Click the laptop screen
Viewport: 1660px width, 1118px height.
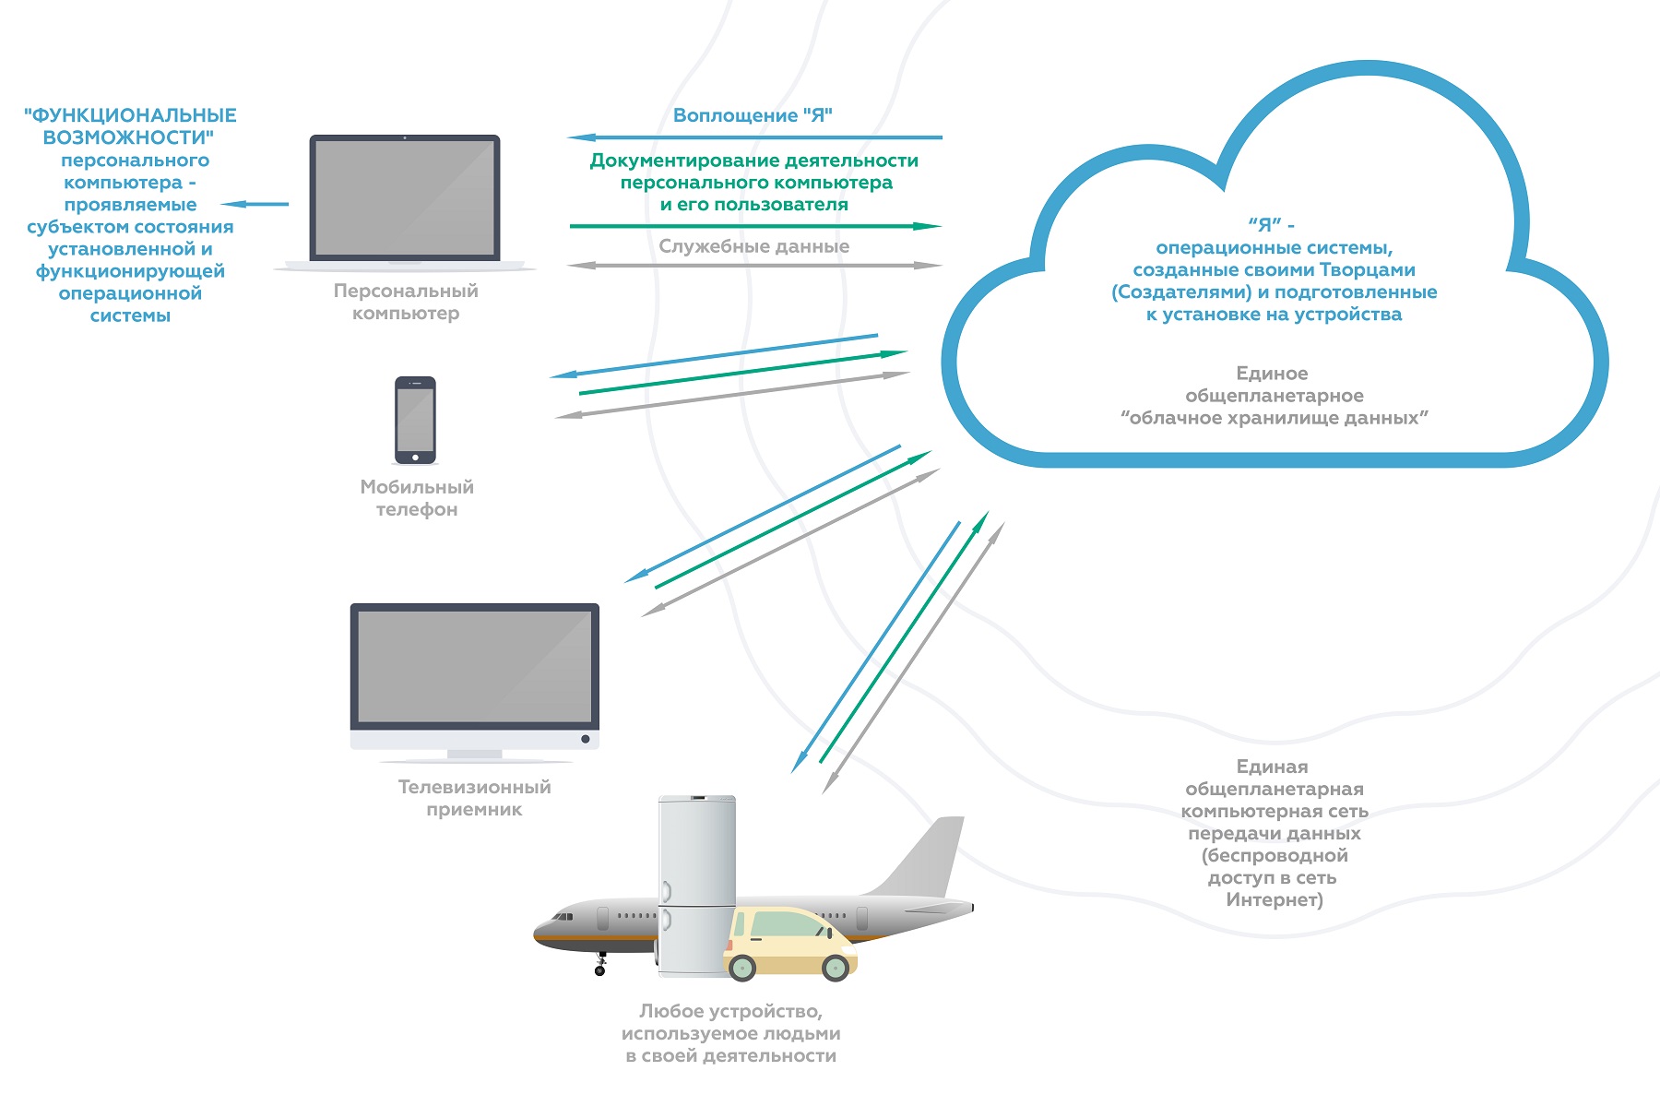(x=405, y=197)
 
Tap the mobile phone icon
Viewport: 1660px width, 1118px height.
(x=415, y=420)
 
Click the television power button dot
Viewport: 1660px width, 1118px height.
(x=585, y=739)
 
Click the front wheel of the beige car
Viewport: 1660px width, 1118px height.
(x=741, y=967)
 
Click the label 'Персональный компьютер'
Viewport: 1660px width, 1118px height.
(x=406, y=302)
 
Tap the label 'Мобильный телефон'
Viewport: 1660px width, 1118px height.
(x=417, y=498)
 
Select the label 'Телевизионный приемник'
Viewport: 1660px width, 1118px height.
(x=474, y=798)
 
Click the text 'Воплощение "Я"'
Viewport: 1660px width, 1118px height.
(x=753, y=115)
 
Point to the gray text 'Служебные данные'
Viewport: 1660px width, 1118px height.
(x=753, y=246)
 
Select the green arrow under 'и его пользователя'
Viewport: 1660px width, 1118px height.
(x=754, y=226)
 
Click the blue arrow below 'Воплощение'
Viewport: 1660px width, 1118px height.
(x=754, y=137)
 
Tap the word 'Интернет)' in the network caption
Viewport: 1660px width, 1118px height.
(x=1274, y=899)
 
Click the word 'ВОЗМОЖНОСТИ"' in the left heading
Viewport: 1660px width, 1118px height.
(x=129, y=137)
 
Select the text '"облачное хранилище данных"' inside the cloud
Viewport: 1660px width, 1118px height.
(x=1274, y=418)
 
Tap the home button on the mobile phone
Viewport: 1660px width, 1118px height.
(x=415, y=458)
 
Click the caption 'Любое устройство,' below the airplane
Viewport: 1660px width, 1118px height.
(x=730, y=1011)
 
